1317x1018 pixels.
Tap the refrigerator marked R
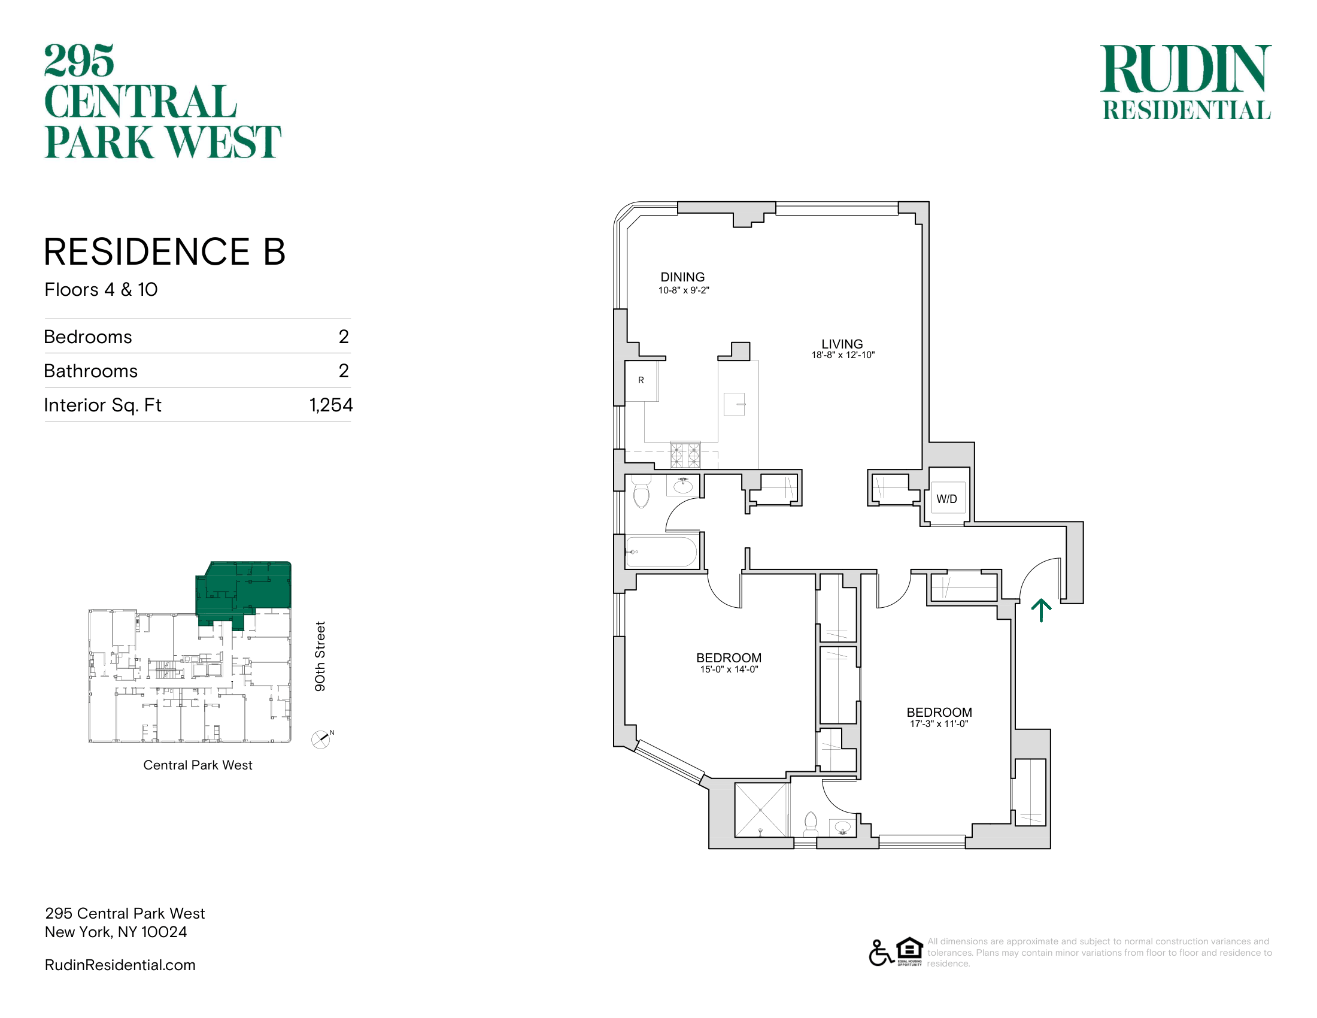click(x=641, y=380)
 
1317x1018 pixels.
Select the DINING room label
click(x=682, y=277)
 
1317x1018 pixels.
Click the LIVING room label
click(x=842, y=344)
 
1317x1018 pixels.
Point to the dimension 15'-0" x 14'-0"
click(x=729, y=669)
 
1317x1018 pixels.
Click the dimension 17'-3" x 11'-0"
click(x=939, y=724)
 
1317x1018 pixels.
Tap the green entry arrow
click(x=1041, y=610)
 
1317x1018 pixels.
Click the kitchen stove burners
click(x=685, y=455)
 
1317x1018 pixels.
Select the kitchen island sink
click(x=735, y=404)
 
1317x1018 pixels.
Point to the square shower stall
click(x=761, y=810)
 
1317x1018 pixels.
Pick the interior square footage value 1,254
click(x=330, y=405)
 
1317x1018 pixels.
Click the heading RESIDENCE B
click(x=165, y=252)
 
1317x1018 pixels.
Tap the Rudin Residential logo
click(x=1186, y=82)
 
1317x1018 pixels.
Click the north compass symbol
click(x=322, y=739)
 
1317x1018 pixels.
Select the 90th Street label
click(x=320, y=656)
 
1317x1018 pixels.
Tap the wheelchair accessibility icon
click(x=881, y=953)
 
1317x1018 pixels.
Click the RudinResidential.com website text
click(x=120, y=965)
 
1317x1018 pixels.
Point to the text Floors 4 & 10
click(x=101, y=289)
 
